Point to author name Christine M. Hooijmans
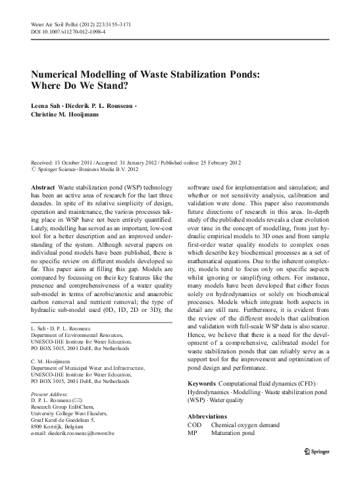pyautogui.click(x=68, y=115)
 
